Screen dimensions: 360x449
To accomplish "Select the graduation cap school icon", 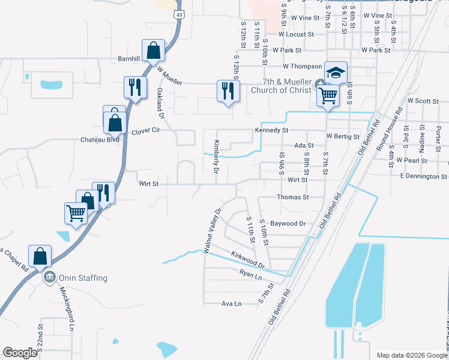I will pyautogui.click(x=336, y=72).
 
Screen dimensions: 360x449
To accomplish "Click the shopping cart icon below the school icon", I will pyautogui.click(x=327, y=95).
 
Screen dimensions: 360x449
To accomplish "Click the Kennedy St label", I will pyautogui.click(x=272, y=130).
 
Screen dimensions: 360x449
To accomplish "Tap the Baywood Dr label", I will pyautogui.click(x=288, y=223).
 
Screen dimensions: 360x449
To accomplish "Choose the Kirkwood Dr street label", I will pyautogui.click(x=248, y=260).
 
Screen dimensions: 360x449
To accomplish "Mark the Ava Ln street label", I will pyautogui.click(x=231, y=304).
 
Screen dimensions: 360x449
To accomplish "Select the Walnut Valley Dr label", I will pyautogui.click(x=213, y=230).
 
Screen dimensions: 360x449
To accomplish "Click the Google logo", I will pyautogui.click(x=20, y=353).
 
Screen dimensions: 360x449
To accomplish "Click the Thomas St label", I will pyautogui.click(x=292, y=197).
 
